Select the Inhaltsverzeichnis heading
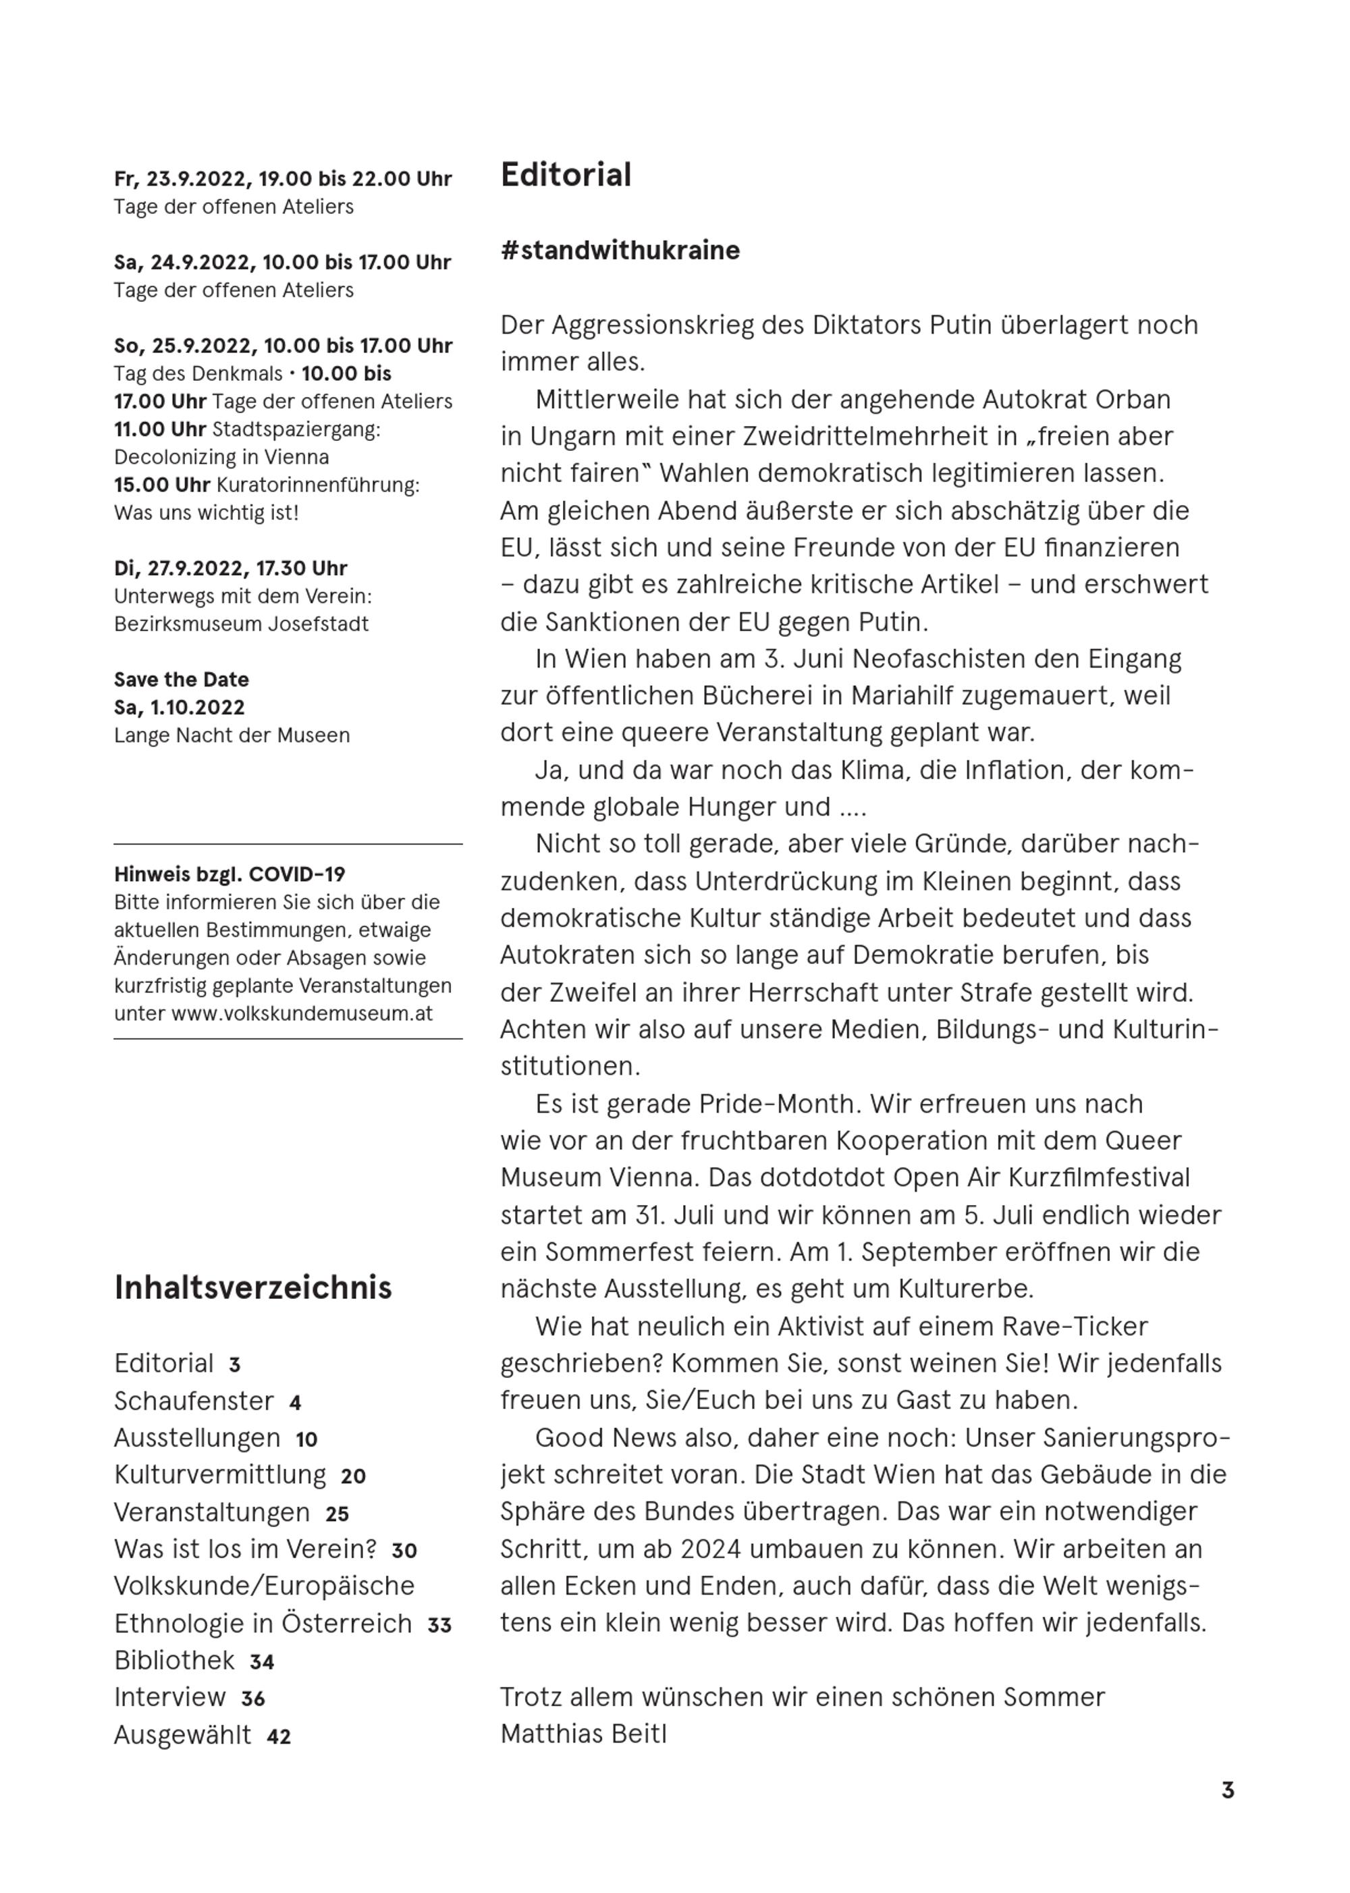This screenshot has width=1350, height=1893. tap(252, 1287)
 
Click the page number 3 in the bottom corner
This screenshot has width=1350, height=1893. tap(1227, 1790)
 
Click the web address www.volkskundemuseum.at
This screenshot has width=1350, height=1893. tap(302, 1013)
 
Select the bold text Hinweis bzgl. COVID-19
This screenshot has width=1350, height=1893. tap(230, 874)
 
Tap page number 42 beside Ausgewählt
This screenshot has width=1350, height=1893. tap(279, 1736)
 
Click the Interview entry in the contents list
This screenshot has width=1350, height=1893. tap(169, 1697)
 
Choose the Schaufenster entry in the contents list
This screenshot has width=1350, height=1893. tap(194, 1401)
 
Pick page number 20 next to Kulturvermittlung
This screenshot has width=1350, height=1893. tap(352, 1476)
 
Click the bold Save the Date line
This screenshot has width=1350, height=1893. tap(181, 679)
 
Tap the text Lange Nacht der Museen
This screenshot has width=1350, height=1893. tap(232, 735)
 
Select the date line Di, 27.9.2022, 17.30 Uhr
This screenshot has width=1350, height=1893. tap(230, 568)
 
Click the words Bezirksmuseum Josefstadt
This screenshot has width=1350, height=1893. tap(241, 624)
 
